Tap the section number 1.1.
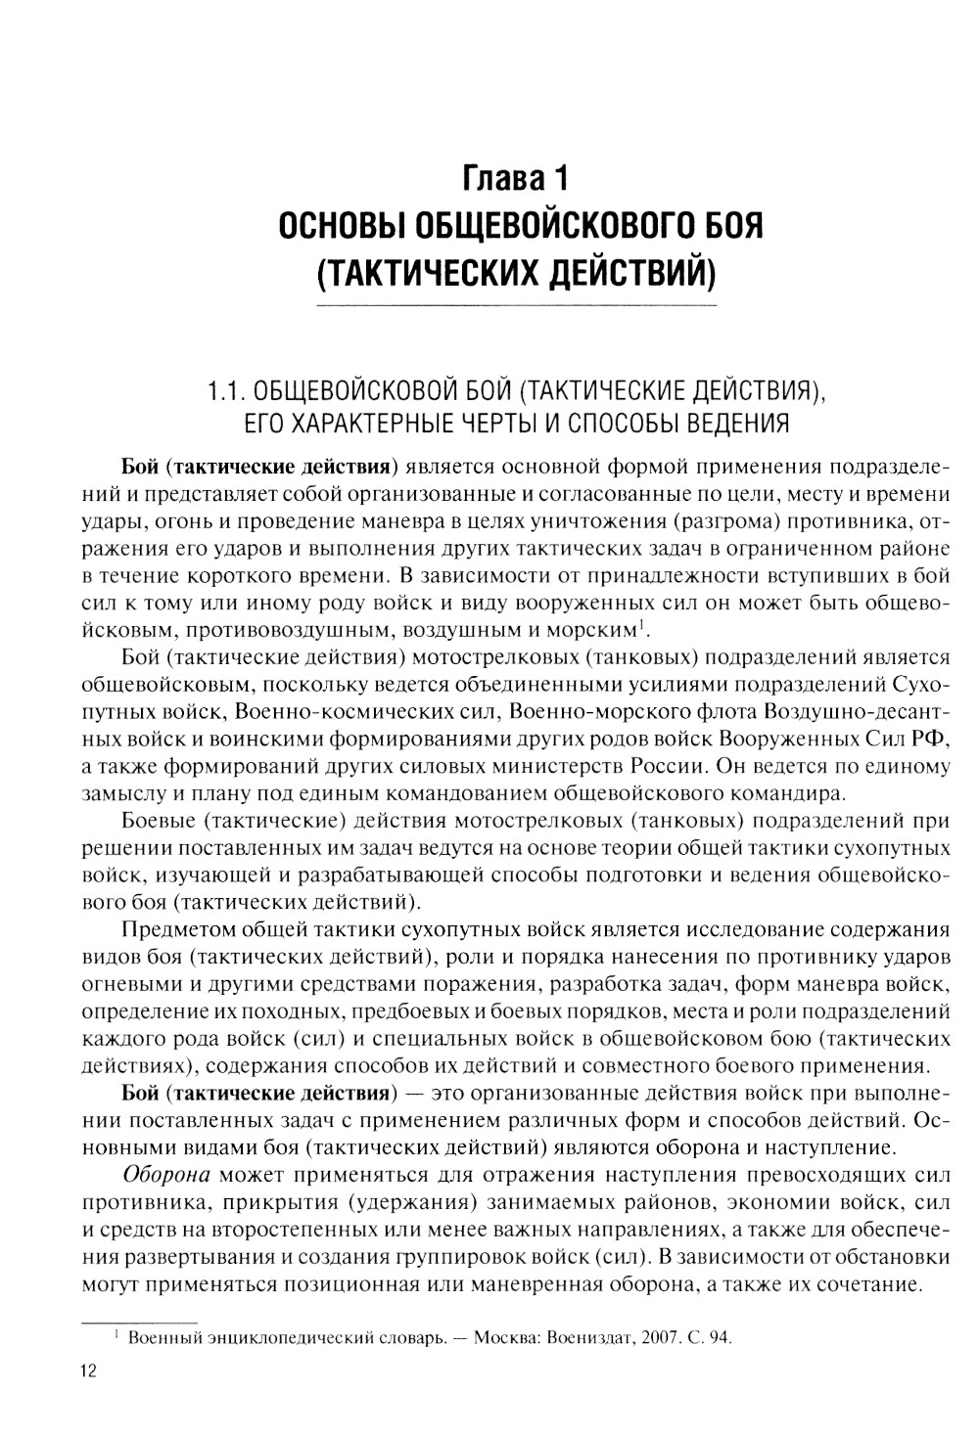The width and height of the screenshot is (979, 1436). [x=227, y=393]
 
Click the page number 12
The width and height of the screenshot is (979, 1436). [x=88, y=1370]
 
